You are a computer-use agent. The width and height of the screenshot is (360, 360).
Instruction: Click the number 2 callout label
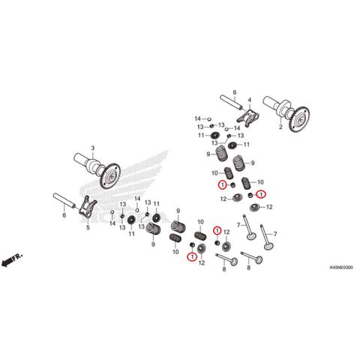280,127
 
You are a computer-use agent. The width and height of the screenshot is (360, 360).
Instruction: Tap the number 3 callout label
93,148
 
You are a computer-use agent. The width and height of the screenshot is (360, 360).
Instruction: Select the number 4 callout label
250,100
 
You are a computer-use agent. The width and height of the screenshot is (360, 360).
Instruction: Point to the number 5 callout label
88,227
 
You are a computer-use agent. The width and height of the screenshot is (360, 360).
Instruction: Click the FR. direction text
17,257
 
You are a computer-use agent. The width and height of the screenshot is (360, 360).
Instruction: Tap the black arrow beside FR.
7,262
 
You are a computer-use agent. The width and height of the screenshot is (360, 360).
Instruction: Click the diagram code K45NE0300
341,268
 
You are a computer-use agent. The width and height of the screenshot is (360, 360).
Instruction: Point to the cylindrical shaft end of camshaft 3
80,158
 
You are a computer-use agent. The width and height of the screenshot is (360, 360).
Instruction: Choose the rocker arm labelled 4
248,117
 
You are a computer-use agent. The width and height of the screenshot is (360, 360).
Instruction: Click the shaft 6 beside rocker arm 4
231,102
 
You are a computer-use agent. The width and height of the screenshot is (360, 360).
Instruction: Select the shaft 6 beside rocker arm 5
64,200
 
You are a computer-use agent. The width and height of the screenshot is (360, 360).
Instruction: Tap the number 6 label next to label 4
235,92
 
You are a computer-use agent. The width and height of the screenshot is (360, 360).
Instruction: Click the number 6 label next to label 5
64,215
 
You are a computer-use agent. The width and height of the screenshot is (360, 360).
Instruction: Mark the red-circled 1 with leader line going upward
192,256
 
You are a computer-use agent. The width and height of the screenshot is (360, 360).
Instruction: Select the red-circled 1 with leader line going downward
217,230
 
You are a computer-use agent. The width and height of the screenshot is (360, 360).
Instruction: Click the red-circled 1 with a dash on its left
261,194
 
